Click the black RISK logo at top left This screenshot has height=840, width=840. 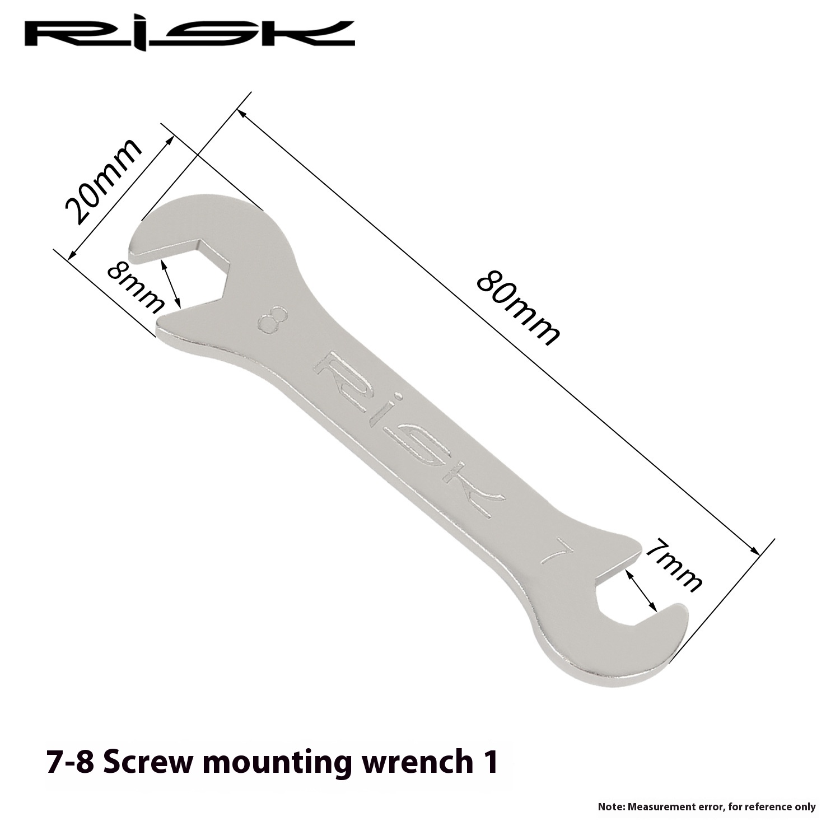pos(189,34)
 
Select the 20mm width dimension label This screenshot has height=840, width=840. pos(102,180)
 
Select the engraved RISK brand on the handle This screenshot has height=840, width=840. pos(409,435)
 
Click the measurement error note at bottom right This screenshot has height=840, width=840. pos(707,807)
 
